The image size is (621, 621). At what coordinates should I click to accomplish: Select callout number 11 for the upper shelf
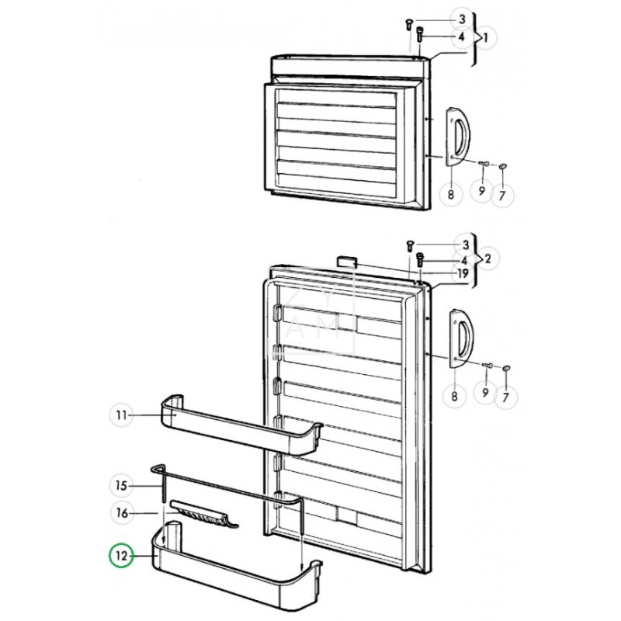(120, 416)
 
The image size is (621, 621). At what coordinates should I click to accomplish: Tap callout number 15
(120, 486)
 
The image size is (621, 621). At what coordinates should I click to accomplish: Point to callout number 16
(120, 513)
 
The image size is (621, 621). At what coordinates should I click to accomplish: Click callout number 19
(462, 273)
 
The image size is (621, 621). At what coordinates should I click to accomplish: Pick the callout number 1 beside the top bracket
(485, 36)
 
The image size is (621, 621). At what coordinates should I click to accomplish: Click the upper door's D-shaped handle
(456, 137)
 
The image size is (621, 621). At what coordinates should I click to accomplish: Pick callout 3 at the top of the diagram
(462, 19)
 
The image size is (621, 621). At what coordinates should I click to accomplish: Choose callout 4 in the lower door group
(462, 259)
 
